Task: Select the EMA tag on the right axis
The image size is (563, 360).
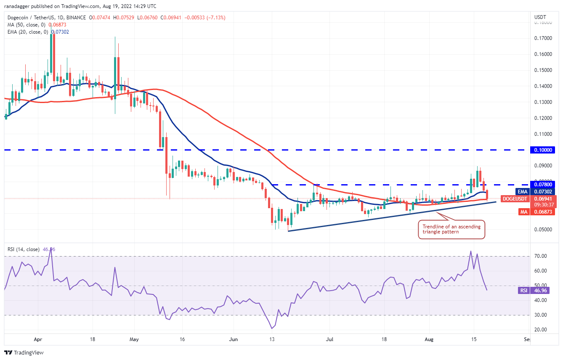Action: click(523, 191)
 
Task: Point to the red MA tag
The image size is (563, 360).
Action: click(523, 212)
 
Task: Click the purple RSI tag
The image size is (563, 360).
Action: click(522, 290)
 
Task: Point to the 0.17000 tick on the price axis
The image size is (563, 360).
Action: click(543, 38)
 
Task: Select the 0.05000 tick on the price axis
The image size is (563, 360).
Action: click(543, 230)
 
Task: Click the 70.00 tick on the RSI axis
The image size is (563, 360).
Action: click(541, 256)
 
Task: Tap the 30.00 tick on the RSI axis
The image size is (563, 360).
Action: click(541, 315)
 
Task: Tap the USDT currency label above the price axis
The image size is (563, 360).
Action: click(540, 17)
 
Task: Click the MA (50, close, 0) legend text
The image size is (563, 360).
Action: click(27, 25)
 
